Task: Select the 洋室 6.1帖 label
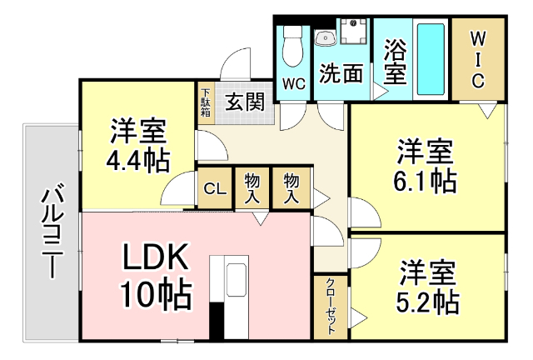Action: tap(425, 166)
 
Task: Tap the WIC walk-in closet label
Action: tap(478, 59)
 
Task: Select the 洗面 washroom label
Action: tap(341, 74)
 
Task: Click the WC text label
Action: tap(293, 83)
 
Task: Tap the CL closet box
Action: tap(215, 188)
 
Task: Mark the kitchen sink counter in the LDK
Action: tap(236, 287)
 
